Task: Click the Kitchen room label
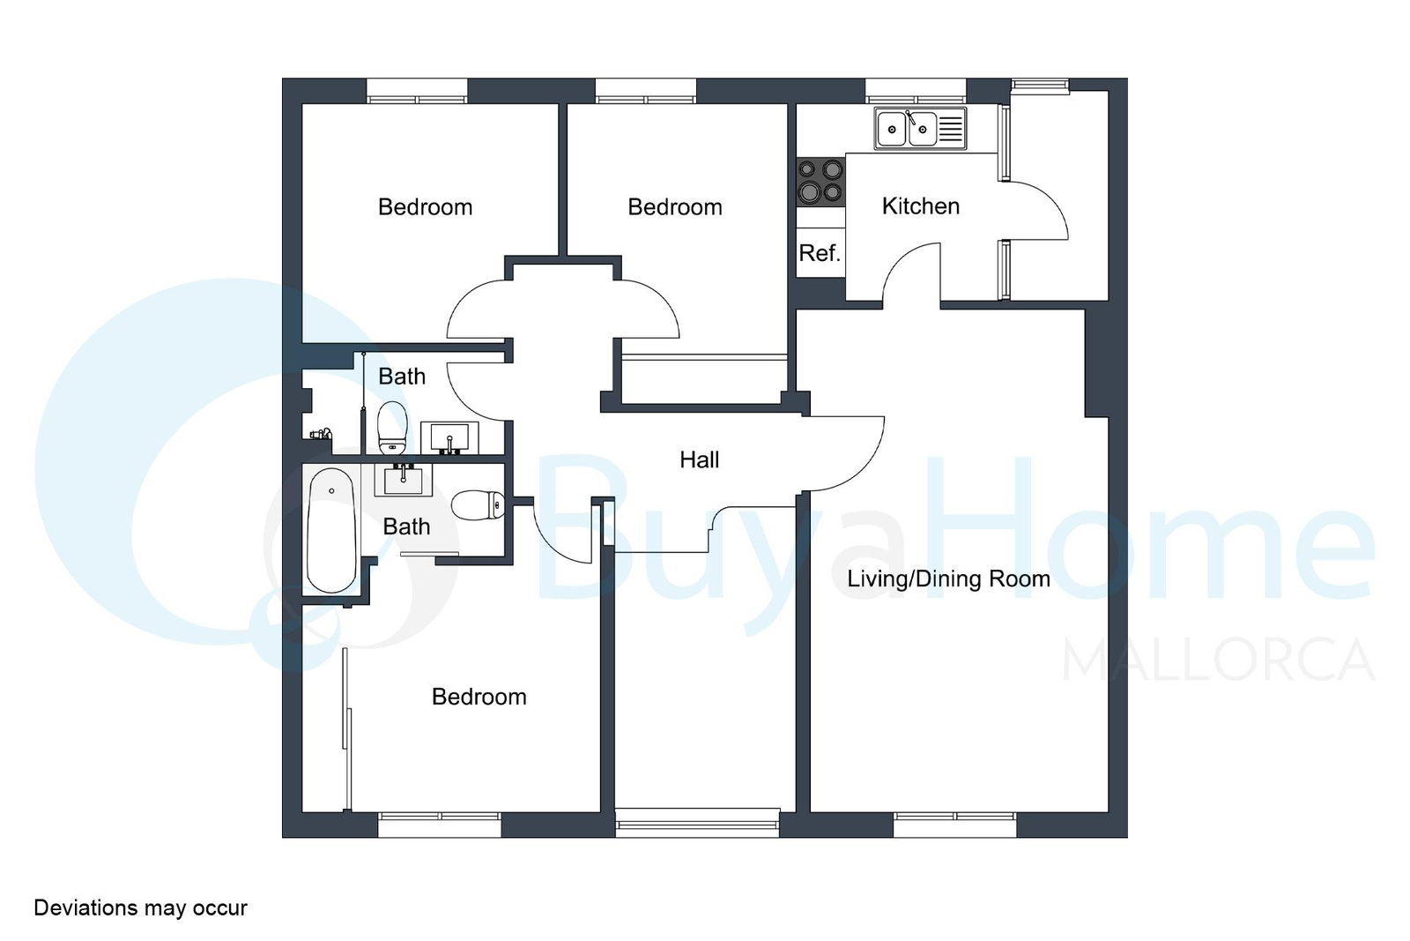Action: point(920,206)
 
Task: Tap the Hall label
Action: point(700,459)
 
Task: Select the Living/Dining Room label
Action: point(948,579)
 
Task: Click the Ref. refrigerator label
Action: point(820,253)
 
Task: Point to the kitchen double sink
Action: point(920,129)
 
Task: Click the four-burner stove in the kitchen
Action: point(820,182)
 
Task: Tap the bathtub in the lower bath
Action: point(331,530)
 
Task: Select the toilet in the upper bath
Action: point(392,428)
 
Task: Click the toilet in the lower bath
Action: point(479,505)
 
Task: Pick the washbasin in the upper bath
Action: point(449,437)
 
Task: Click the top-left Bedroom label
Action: point(425,207)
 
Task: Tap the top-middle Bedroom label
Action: point(675,207)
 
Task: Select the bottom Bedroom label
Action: point(479,697)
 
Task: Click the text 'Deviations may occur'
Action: point(140,907)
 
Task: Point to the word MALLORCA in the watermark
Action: point(1218,660)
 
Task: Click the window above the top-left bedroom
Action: point(418,92)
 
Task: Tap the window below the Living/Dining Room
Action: point(955,825)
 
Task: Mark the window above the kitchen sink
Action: point(916,92)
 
